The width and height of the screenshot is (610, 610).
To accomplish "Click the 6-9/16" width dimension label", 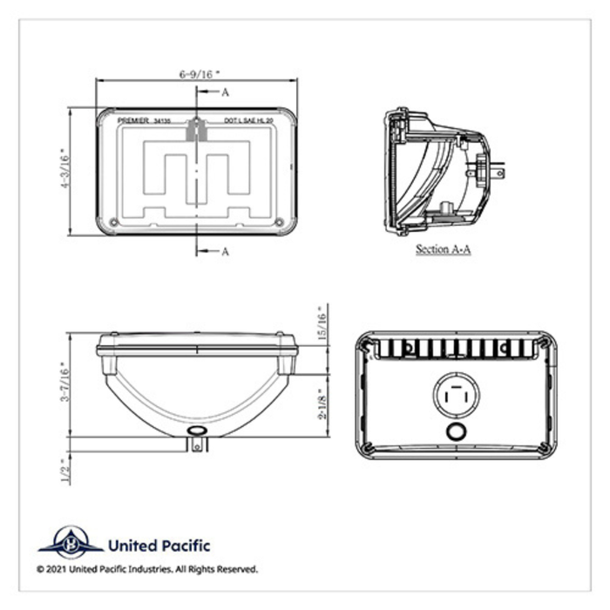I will coord(196,74).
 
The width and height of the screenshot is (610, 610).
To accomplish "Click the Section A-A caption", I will coord(444,248).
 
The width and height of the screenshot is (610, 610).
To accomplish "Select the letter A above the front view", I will coord(225,91).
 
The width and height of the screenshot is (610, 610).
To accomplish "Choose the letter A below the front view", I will coord(225,252).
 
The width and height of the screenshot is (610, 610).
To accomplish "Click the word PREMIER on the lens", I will coord(132,123).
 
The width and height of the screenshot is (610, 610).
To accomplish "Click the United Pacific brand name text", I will coord(158,546).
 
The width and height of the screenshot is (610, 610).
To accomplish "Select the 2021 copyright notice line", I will coord(146,569).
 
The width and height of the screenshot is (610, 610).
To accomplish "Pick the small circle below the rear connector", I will coord(455,433).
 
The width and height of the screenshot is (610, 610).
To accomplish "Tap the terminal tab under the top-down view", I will coord(198,444).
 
